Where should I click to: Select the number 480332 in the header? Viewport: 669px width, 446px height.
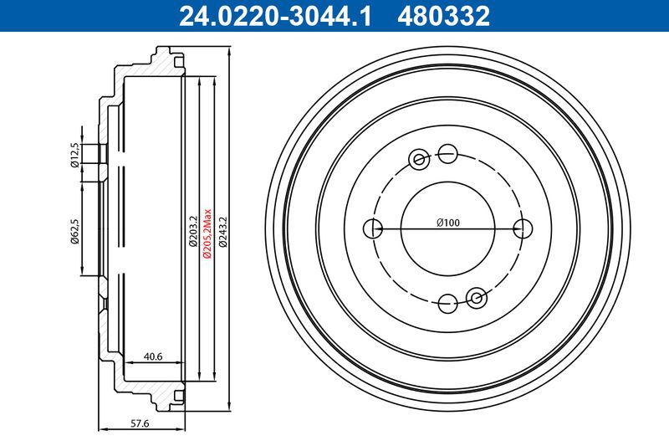(447, 14)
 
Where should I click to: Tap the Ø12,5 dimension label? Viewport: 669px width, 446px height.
(74, 156)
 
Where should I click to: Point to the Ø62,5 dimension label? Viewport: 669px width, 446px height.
(74, 231)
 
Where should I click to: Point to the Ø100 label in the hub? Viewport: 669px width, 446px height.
(449, 223)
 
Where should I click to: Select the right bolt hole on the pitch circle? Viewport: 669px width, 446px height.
(523, 227)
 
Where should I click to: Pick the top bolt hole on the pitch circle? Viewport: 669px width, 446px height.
(449, 153)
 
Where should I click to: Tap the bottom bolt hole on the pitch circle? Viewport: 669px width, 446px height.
(449, 301)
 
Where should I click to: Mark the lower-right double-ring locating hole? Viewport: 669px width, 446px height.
(477, 295)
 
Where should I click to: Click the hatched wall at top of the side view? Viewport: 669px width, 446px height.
(159, 65)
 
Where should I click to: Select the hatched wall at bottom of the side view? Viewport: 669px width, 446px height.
(159, 388)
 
